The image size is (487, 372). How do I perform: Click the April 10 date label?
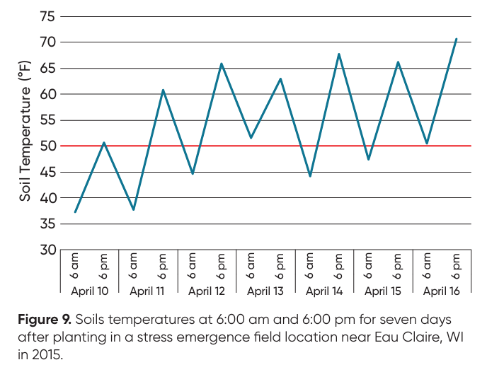click(89, 291)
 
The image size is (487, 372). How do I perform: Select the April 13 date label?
click(265, 291)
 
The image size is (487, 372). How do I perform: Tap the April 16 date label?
click(441, 291)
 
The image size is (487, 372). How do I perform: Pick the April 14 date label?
click(324, 291)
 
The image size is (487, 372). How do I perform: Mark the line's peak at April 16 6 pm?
click(457, 39)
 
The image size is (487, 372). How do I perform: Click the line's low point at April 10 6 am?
click(75, 212)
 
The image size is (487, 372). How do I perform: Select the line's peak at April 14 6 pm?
click(339, 54)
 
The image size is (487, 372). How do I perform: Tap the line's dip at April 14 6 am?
click(310, 176)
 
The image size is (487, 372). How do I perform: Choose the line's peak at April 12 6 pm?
click(222, 64)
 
